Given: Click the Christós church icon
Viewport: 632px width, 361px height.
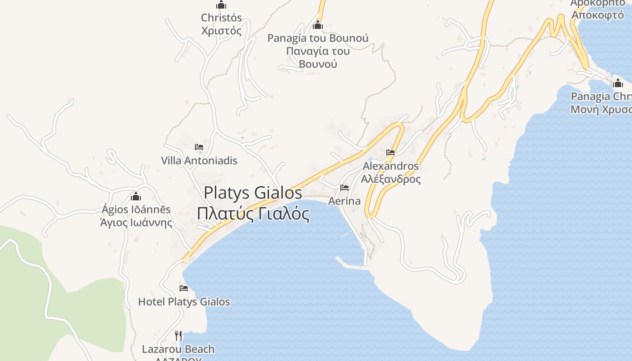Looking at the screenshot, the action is [x=221, y=5].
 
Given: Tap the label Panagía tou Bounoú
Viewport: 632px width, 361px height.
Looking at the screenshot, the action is [x=318, y=38].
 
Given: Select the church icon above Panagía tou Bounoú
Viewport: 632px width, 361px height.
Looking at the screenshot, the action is [x=318, y=25].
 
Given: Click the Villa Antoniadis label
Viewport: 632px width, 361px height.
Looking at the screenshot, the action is [x=199, y=161].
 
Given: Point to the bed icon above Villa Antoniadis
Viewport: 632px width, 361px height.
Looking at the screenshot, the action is [x=199, y=147].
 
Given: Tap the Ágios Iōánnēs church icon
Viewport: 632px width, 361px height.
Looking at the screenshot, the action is [x=136, y=196].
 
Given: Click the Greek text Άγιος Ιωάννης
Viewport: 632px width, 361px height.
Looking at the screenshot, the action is [x=136, y=222].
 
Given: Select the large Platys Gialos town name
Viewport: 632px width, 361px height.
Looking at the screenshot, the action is [x=253, y=193].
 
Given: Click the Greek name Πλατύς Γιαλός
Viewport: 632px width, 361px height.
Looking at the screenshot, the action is [x=253, y=213].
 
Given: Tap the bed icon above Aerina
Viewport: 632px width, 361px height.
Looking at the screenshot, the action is [x=344, y=188].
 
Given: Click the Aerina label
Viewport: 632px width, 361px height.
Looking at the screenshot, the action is [x=344, y=201].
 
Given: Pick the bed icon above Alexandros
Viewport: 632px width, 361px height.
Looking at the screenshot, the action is [x=390, y=153].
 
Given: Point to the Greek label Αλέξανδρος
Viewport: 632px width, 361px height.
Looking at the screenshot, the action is [x=391, y=179].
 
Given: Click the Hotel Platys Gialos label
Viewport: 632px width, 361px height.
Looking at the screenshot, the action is [x=184, y=302].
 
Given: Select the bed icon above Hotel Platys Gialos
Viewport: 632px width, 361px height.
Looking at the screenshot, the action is [x=184, y=288].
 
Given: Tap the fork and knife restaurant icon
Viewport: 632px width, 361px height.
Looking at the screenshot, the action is [x=178, y=335].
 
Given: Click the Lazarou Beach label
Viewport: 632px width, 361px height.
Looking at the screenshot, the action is [x=178, y=349].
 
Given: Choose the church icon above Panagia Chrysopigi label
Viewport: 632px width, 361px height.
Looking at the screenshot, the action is [x=618, y=83].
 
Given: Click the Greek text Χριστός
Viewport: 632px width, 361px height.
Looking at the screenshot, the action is [x=221, y=31].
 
